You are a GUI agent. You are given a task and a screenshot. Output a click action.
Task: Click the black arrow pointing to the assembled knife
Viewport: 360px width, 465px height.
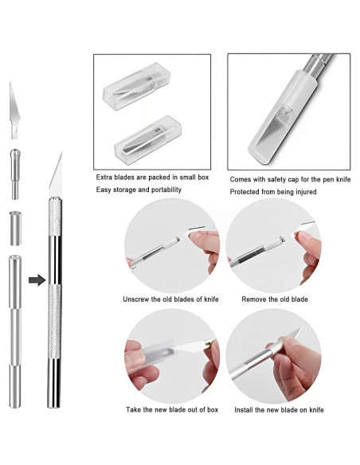(37, 280)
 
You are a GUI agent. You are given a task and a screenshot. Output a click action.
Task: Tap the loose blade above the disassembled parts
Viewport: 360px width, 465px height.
(14, 111)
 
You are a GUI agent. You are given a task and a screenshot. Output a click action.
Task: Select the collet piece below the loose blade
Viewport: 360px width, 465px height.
(15, 174)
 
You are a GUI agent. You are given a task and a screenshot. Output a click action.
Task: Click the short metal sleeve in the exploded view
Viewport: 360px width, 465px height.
(15, 229)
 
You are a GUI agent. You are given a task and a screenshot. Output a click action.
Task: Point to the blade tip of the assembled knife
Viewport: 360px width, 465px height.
(61, 152)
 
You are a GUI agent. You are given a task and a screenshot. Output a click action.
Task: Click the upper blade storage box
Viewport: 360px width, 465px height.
(136, 86)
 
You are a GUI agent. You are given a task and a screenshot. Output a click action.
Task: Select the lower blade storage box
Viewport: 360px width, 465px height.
(147, 140)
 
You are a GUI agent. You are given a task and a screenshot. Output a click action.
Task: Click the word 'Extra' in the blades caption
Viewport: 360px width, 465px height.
(104, 178)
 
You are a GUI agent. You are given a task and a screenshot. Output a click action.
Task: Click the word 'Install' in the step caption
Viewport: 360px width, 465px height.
(244, 410)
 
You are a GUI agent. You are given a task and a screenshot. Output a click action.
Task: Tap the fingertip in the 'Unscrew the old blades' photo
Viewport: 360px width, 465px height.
(195, 236)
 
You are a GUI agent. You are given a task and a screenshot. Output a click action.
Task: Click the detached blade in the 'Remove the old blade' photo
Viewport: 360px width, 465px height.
(305, 227)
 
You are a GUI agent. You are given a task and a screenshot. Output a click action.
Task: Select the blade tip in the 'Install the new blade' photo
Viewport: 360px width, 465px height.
(300, 329)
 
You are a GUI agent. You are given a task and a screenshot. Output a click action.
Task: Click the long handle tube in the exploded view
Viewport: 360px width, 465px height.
(15, 331)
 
